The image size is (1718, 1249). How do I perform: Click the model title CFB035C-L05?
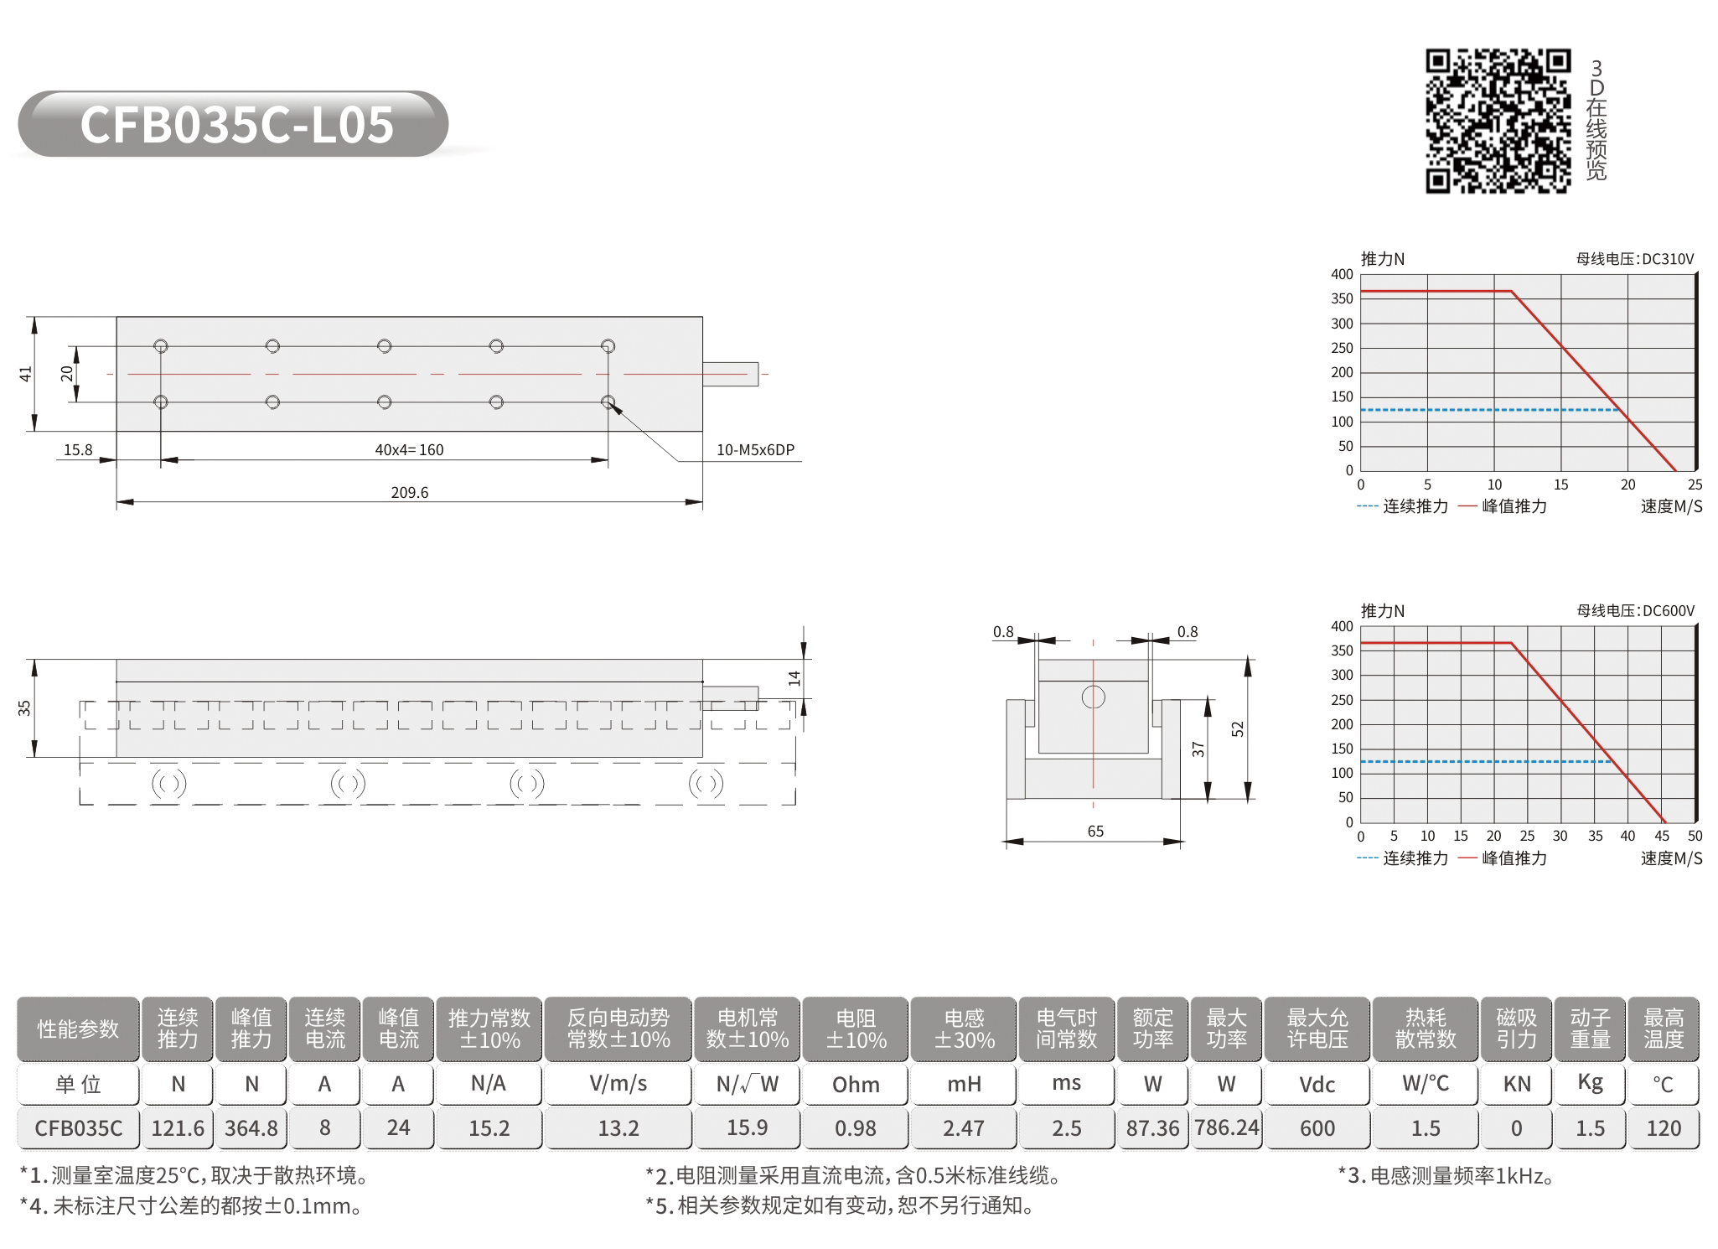(x=236, y=125)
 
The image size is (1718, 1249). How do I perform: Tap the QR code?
(x=1498, y=121)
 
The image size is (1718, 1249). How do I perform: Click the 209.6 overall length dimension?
(x=409, y=492)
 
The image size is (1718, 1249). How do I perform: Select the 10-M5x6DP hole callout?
(x=755, y=449)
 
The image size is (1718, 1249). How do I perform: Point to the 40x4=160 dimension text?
(x=409, y=449)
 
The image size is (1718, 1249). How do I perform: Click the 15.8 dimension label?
(x=78, y=449)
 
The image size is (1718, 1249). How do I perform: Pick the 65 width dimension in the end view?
(x=1095, y=831)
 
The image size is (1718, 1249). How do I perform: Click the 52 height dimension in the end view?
(x=1238, y=728)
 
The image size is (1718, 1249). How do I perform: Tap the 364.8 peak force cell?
(x=251, y=1128)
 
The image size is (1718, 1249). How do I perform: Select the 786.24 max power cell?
(x=1227, y=1128)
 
